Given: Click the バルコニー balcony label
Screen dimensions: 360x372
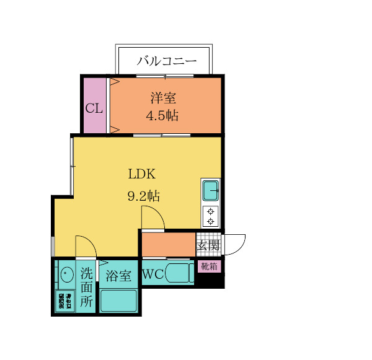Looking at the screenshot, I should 166,61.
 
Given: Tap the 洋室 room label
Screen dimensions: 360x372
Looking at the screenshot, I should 162,98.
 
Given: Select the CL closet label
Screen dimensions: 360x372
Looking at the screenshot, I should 94,109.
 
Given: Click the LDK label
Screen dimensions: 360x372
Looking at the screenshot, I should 142,173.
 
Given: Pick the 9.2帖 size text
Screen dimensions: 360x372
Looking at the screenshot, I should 144,196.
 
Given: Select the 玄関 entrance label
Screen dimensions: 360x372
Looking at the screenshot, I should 208,245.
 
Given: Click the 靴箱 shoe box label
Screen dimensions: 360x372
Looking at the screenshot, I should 209,266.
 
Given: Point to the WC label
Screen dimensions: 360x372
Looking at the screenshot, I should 153,274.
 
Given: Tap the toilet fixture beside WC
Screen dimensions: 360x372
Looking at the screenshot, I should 180,273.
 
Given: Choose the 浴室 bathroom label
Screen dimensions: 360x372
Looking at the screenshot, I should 118,274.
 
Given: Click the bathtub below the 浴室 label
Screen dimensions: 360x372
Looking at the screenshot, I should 119,301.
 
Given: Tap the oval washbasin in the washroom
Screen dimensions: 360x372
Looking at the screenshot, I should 64,274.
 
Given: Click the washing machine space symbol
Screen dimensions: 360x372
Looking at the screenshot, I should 65,301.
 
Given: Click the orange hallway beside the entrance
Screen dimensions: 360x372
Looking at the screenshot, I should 167,244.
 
